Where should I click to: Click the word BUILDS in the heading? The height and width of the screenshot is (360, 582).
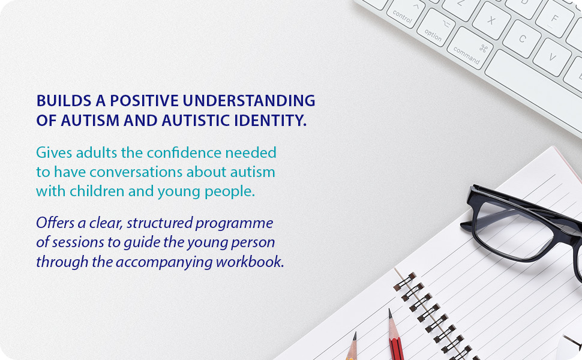pyautogui.click(x=64, y=101)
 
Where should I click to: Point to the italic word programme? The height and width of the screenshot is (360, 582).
pyautogui.click(x=234, y=223)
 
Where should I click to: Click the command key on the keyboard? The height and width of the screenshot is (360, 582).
pyautogui.click(x=470, y=49)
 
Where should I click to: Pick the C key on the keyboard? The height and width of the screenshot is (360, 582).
pyautogui.click(x=522, y=38)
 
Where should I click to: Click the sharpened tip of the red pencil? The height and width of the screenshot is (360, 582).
pyautogui.click(x=389, y=310)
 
